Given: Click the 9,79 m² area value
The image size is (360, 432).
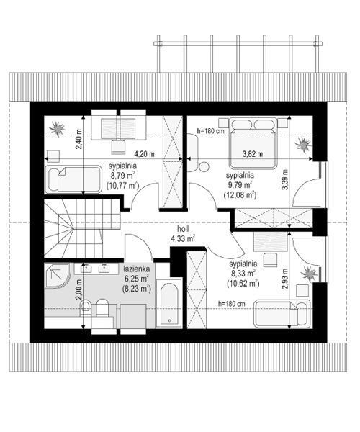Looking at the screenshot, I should (x=240, y=184).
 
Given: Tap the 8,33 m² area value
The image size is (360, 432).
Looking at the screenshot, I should (x=238, y=274).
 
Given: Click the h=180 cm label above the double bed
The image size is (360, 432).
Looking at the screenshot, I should (x=211, y=131).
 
